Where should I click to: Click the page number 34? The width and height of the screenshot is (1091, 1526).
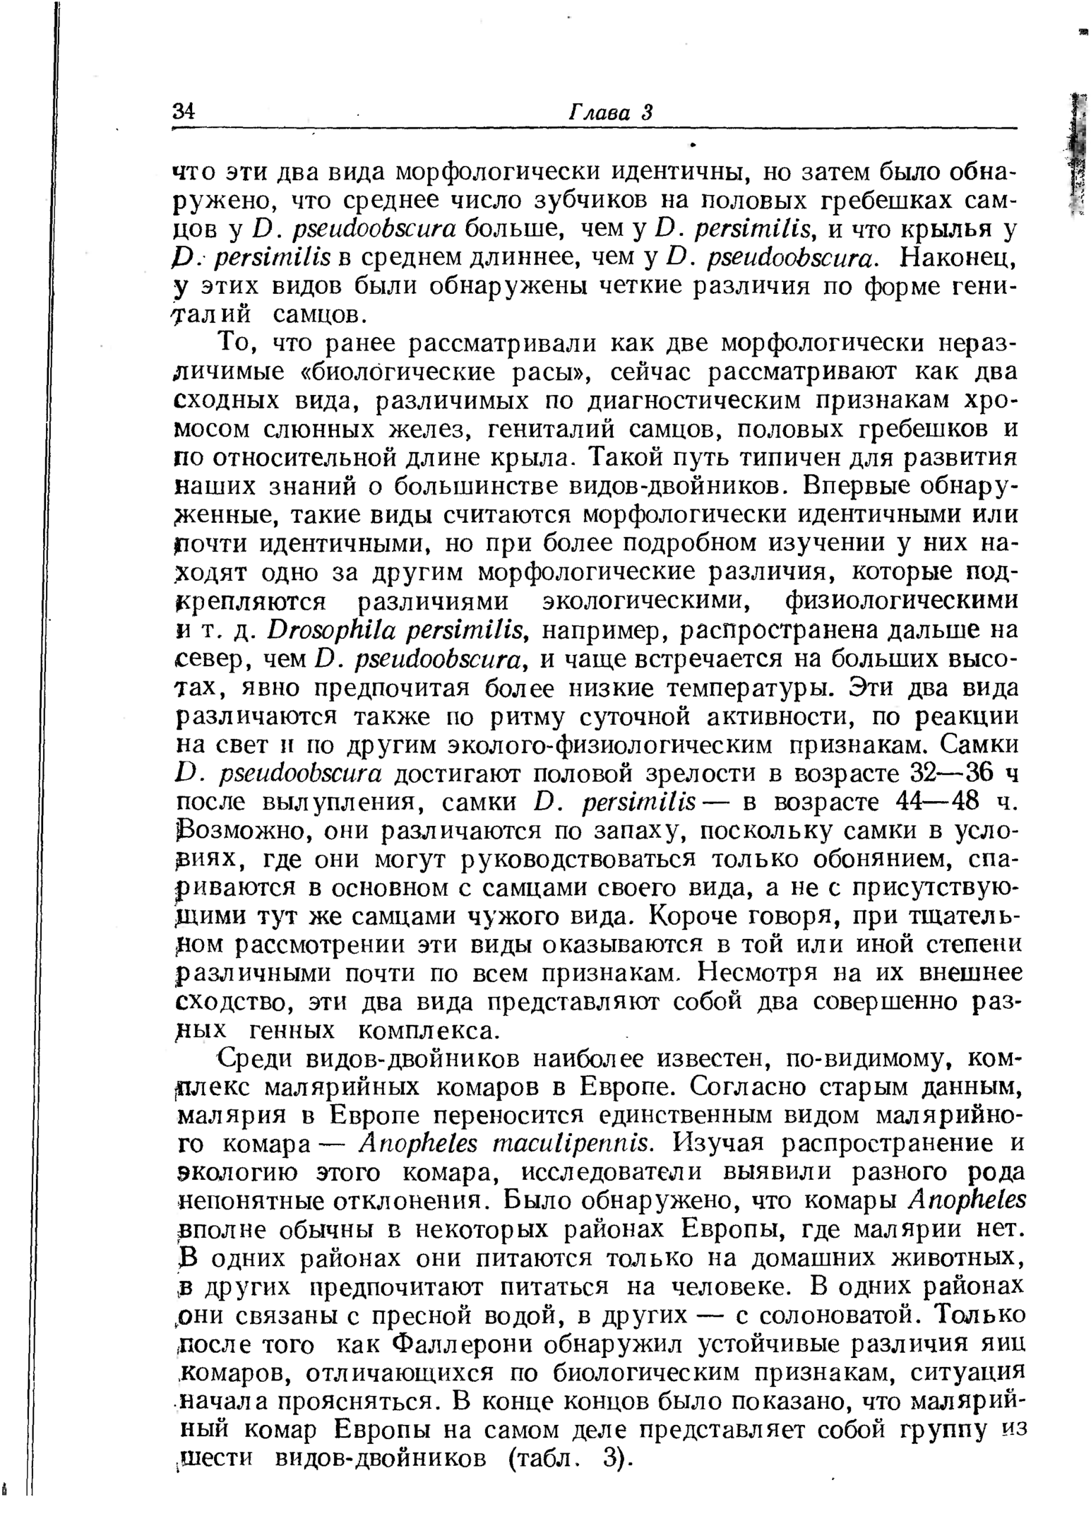coord(183,112)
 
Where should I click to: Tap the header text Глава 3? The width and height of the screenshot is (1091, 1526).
coord(612,112)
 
